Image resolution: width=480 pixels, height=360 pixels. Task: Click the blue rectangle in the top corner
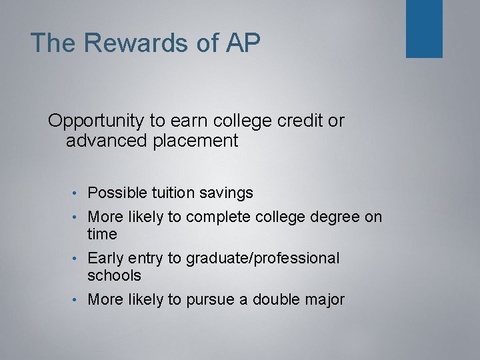pos(424,28)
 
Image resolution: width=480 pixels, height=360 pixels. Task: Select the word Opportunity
pos(96,121)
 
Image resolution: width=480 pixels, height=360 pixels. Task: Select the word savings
pos(228,193)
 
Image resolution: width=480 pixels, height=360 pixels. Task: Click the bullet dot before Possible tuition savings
pos(80,194)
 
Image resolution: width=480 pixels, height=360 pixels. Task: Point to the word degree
pos(339,217)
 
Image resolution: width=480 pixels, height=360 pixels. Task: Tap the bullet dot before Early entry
pos(80,259)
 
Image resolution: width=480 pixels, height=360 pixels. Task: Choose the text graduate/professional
pos(262,258)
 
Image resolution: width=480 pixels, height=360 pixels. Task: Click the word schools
pos(115,275)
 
